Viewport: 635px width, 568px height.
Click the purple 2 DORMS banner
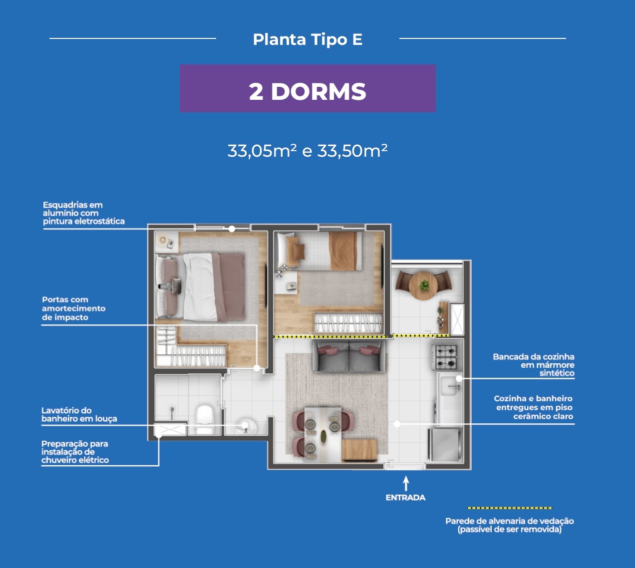308,88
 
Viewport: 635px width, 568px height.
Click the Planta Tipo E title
308,39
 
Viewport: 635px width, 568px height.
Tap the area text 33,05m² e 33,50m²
308,151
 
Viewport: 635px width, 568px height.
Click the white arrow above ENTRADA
406,483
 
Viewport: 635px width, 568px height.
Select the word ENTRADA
405,498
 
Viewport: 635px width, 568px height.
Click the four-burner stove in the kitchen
445,357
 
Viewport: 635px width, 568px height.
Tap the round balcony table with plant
423,285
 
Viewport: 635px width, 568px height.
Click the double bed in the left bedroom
201,287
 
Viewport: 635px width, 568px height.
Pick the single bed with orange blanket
319,251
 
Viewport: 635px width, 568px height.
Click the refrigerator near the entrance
445,445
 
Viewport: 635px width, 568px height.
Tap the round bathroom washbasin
245,426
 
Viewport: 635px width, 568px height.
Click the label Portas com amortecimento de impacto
74,308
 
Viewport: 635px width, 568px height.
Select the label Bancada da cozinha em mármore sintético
534,365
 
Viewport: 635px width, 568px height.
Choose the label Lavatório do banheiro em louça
79,415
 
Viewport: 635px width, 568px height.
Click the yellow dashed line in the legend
510,508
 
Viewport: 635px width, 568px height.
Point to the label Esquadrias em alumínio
84,213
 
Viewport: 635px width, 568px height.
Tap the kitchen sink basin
449,385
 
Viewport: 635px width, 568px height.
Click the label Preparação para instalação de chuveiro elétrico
75,452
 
